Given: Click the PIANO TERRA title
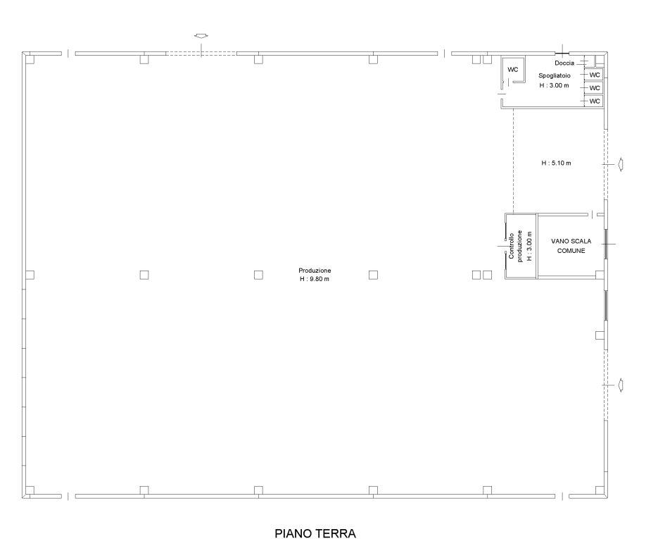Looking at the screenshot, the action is click(x=315, y=533).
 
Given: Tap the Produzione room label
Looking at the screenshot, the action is click(x=315, y=271).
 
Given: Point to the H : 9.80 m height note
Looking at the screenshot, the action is click(x=315, y=279).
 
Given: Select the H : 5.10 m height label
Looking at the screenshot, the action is click(x=556, y=163).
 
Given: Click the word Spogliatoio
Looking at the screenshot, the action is click(x=555, y=75).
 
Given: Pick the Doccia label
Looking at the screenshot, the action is click(x=564, y=63).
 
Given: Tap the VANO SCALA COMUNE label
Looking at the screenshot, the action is click(x=571, y=246).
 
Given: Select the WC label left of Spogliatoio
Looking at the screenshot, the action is click(x=513, y=69).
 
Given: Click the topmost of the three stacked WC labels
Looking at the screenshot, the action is click(x=595, y=75).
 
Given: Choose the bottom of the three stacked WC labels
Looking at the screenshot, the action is click(x=595, y=101).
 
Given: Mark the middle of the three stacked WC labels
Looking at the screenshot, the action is click(x=595, y=88).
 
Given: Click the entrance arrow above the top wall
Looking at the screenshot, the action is click(x=201, y=36).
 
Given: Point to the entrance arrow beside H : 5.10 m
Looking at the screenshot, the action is click(x=620, y=164).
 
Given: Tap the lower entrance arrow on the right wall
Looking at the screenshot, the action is click(x=620, y=385).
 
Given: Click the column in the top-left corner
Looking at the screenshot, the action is click(x=30, y=59).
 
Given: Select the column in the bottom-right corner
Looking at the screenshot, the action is click(x=600, y=490).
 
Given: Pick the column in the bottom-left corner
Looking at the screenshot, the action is click(x=30, y=490).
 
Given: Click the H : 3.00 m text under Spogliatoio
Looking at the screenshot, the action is click(x=555, y=85).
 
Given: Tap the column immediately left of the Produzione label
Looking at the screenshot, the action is click(x=258, y=275).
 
